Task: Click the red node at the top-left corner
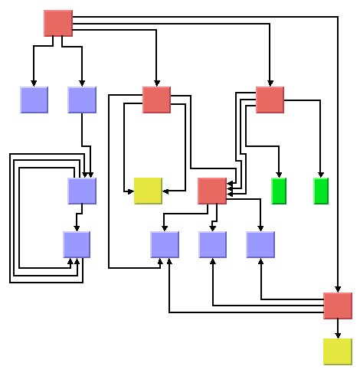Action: point(58,23)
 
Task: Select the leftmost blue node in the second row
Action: point(34,100)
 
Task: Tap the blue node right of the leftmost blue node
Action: point(82,100)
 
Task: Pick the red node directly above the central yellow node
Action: point(156,100)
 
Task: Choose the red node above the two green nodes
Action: point(270,100)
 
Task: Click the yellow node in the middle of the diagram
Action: point(148,191)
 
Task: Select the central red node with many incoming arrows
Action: point(212,191)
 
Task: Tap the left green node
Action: point(279,191)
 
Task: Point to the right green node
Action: point(321,191)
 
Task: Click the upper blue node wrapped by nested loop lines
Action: point(82,191)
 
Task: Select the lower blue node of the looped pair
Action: point(77,244)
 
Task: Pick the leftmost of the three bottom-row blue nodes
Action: point(165,244)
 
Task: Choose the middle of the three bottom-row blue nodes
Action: point(213,244)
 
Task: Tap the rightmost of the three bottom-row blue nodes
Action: point(260,244)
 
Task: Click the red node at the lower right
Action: point(338,306)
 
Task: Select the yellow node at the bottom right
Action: point(338,351)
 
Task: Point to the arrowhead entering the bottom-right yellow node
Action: point(338,335)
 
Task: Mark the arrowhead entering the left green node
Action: point(279,174)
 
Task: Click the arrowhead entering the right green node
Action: point(321,174)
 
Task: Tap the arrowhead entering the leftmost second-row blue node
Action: point(34,83)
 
